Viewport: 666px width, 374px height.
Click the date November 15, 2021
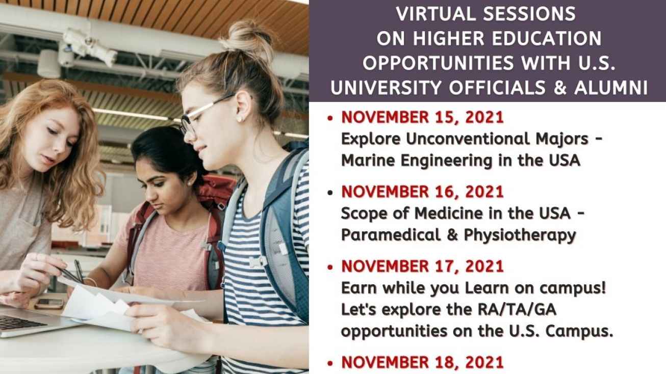point(422,117)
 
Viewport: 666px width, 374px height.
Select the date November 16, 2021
point(422,192)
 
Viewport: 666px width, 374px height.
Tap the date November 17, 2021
point(422,266)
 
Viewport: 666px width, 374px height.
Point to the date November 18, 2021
point(422,363)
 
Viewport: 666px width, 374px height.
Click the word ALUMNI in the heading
point(611,88)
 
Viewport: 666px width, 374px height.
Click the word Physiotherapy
point(520,235)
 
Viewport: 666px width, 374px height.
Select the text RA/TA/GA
point(517,310)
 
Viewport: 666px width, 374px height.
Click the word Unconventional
point(497,139)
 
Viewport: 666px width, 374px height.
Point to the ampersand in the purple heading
point(560,88)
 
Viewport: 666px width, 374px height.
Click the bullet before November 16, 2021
point(330,193)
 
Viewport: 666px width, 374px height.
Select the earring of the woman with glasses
point(239,119)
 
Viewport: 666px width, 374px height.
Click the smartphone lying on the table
point(49,303)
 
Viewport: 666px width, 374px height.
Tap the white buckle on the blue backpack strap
point(258,262)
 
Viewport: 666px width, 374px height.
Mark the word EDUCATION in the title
point(547,39)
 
